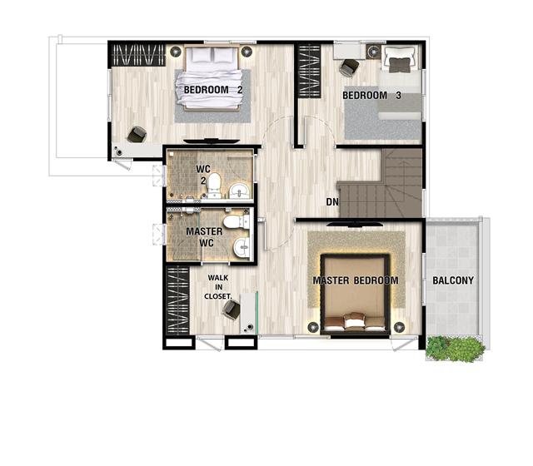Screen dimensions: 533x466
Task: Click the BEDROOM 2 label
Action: point(213,90)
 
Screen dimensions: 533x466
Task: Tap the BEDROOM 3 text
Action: point(371,96)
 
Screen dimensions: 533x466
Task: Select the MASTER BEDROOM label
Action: point(356,280)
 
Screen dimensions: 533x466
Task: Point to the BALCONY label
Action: point(453,280)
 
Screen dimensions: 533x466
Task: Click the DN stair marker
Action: point(332,202)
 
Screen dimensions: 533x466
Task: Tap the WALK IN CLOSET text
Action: point(218,287)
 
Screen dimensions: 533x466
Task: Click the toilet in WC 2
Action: point(214,186)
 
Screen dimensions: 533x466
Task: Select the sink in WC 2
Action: point(241,191)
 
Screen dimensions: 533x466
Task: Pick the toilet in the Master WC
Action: point(237,222)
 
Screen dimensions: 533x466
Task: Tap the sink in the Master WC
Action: point(242,247)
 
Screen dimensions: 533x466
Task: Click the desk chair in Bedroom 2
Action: point(137,135)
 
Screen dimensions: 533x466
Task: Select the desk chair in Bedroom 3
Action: point(349,67)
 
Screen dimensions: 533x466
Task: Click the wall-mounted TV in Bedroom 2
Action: point(212,141)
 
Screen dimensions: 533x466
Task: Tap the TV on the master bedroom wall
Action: point(354,224)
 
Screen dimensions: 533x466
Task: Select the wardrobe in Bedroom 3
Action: point(309,72)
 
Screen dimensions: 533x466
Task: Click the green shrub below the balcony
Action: point(456,349)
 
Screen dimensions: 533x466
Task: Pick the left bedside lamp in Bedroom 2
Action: point(176,52)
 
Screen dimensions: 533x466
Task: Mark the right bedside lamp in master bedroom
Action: point(399,327)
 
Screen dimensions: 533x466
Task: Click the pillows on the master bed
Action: point(355,321)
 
